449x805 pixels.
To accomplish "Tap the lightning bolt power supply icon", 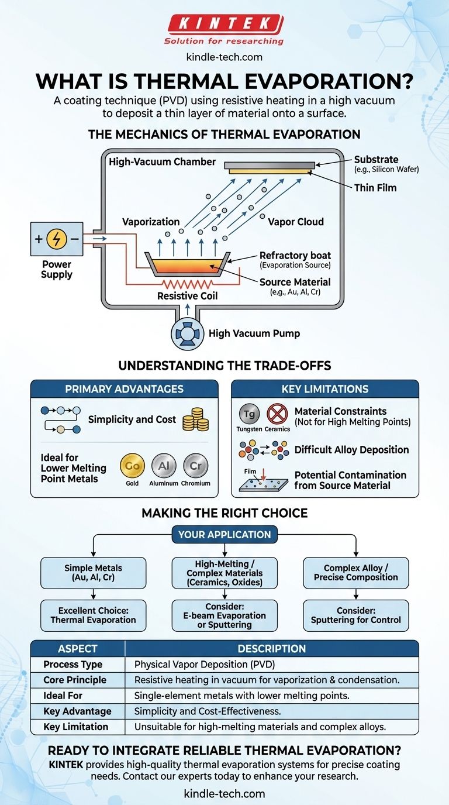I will [56, 239].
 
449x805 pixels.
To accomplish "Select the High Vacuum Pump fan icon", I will [187, 334].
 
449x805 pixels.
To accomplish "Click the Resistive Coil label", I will [188, 296].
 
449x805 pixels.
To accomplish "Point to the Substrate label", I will [376, 159].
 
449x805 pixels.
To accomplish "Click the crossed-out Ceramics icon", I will [277, 414].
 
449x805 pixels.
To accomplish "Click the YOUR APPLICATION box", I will [224, 535].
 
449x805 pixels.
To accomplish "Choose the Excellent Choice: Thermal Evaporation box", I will [92, 615].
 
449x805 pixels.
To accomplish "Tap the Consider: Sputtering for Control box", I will [355, 615].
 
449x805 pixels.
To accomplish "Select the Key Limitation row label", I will [76, 727].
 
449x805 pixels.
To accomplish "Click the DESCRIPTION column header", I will [271, 649].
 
